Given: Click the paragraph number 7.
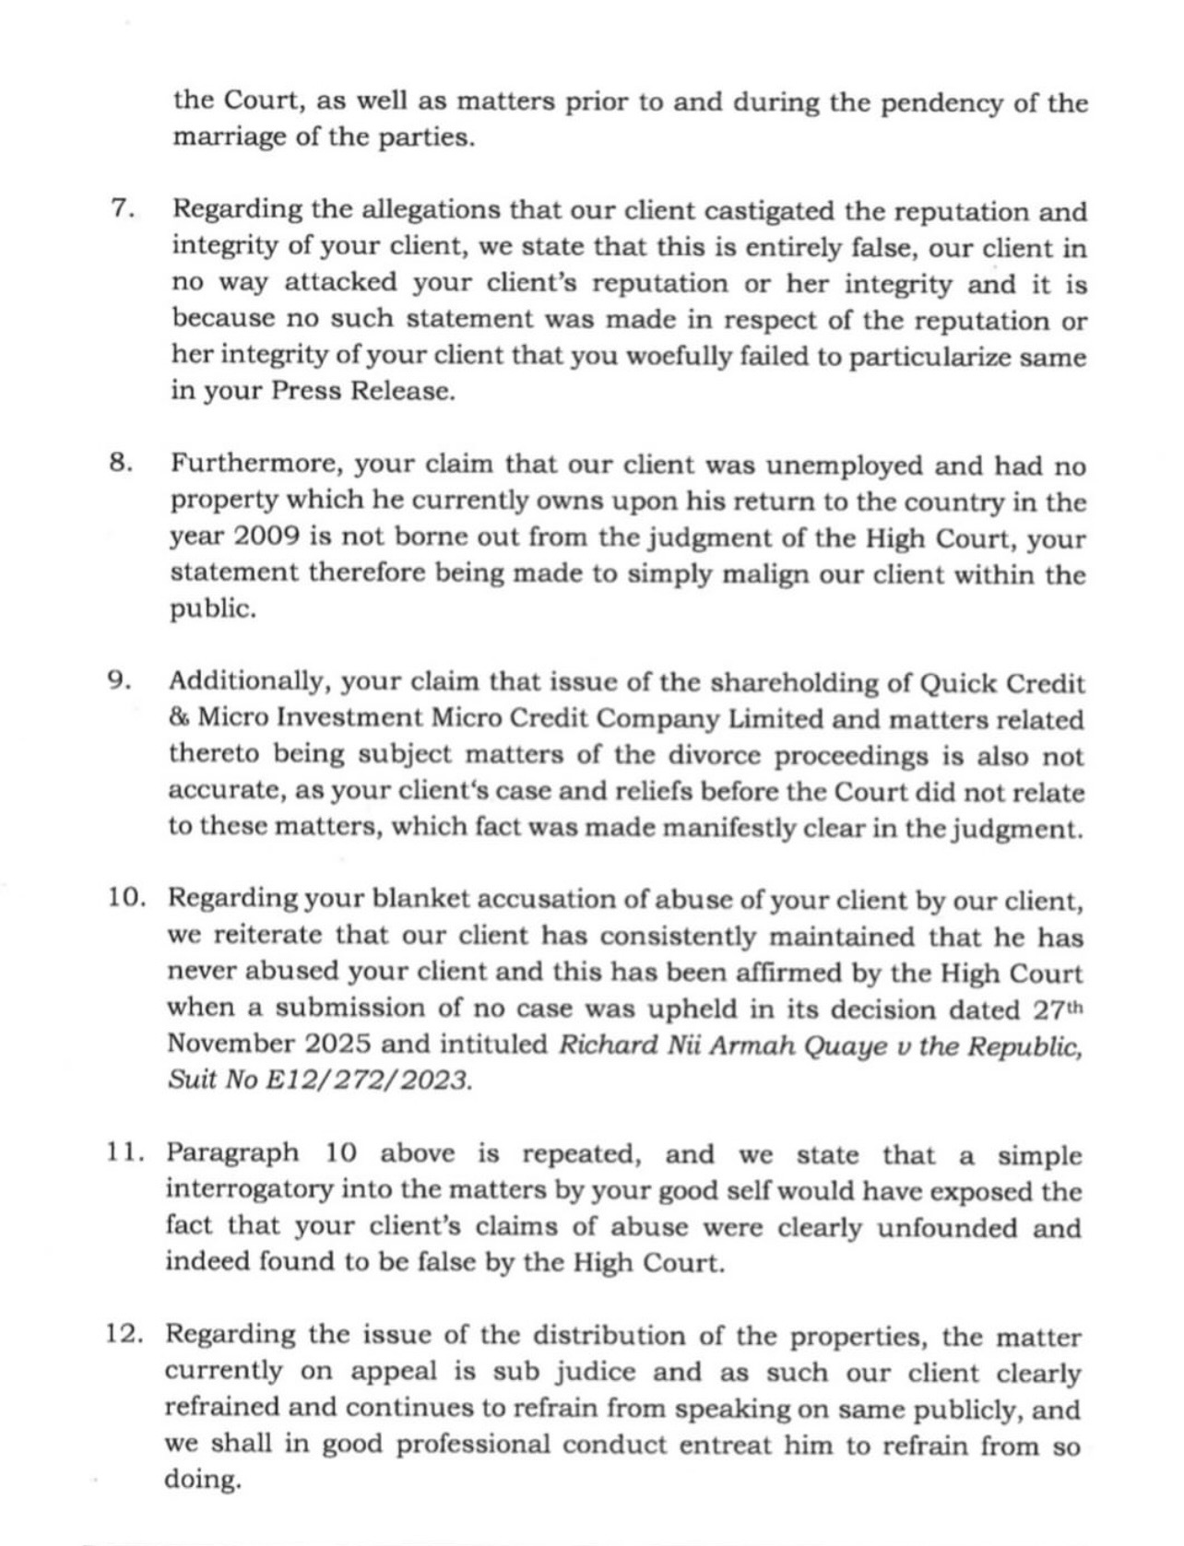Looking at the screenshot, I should [123, 209].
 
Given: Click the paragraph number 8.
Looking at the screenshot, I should [121, 464].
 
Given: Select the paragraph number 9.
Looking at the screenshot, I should [121, 681].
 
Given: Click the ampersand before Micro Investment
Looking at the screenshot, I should [178, 719].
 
